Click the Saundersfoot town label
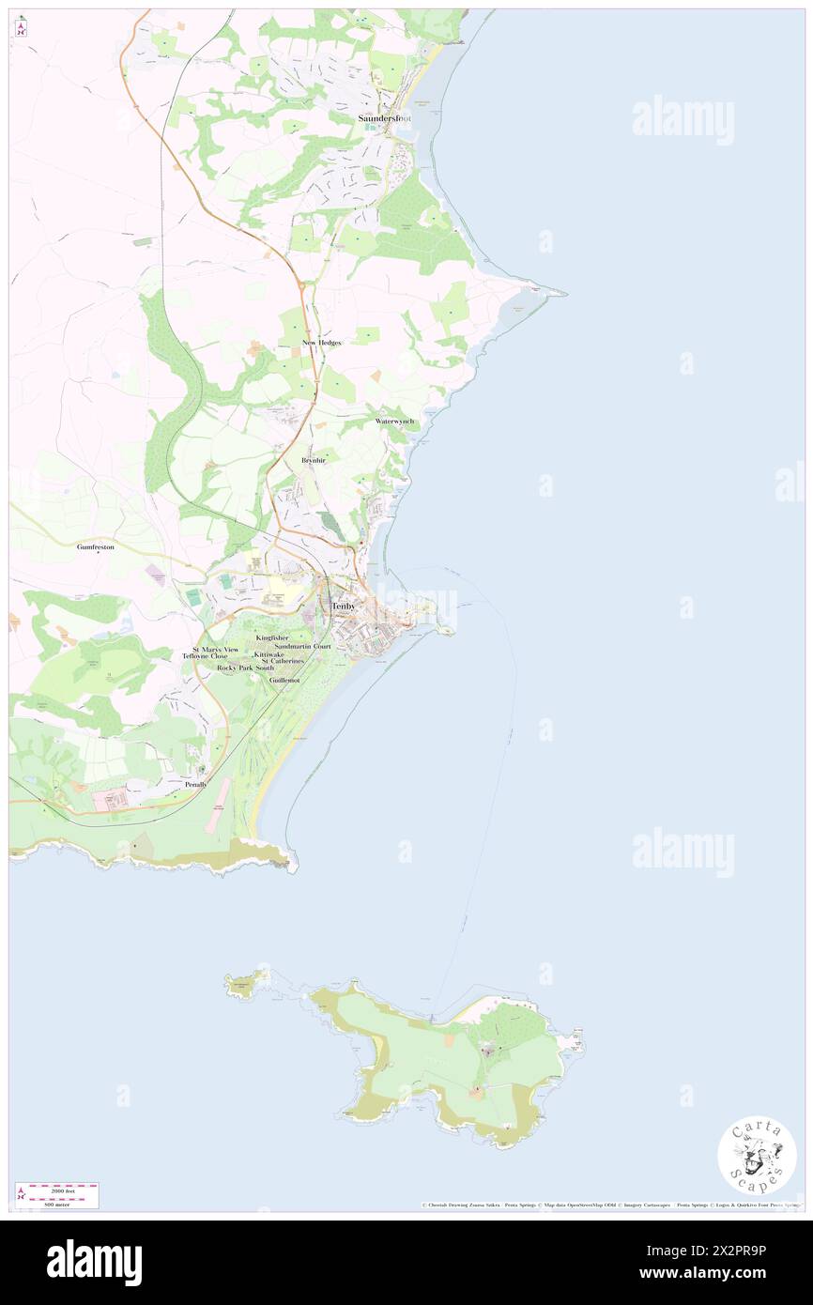(x=385, y=119)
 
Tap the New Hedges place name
(x=321, y=343)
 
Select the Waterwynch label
(x=394, y=422)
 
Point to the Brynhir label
(x=314, y=461)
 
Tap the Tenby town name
(x=344, y=606)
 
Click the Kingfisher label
(x=272, y=637)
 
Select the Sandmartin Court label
(x=303, y=646)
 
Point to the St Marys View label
(x=216, y=649)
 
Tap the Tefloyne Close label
(x=205, y=656)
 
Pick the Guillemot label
(x=284, y=679)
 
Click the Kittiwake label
(x=268, y=654)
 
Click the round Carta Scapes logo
(x=757, y=1156)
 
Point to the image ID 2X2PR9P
(x=737, y=1251)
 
